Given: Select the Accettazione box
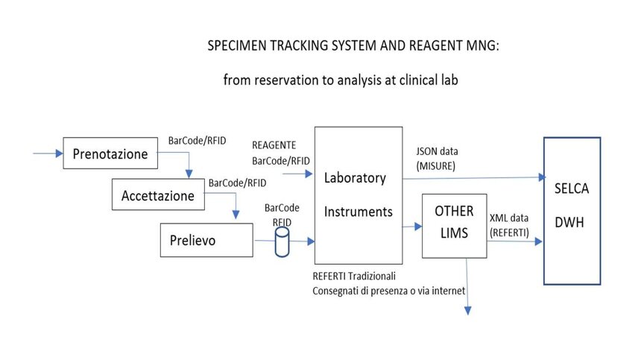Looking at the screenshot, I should [157, 196].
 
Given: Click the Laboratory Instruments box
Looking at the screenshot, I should [358, 195].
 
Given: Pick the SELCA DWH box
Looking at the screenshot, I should [572, 210].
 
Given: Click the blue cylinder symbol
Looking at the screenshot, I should [282, 241].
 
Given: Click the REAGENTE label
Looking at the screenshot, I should [274, 145].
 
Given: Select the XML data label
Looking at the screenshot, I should [509, 218].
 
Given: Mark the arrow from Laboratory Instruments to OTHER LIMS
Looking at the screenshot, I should [411, 225].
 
